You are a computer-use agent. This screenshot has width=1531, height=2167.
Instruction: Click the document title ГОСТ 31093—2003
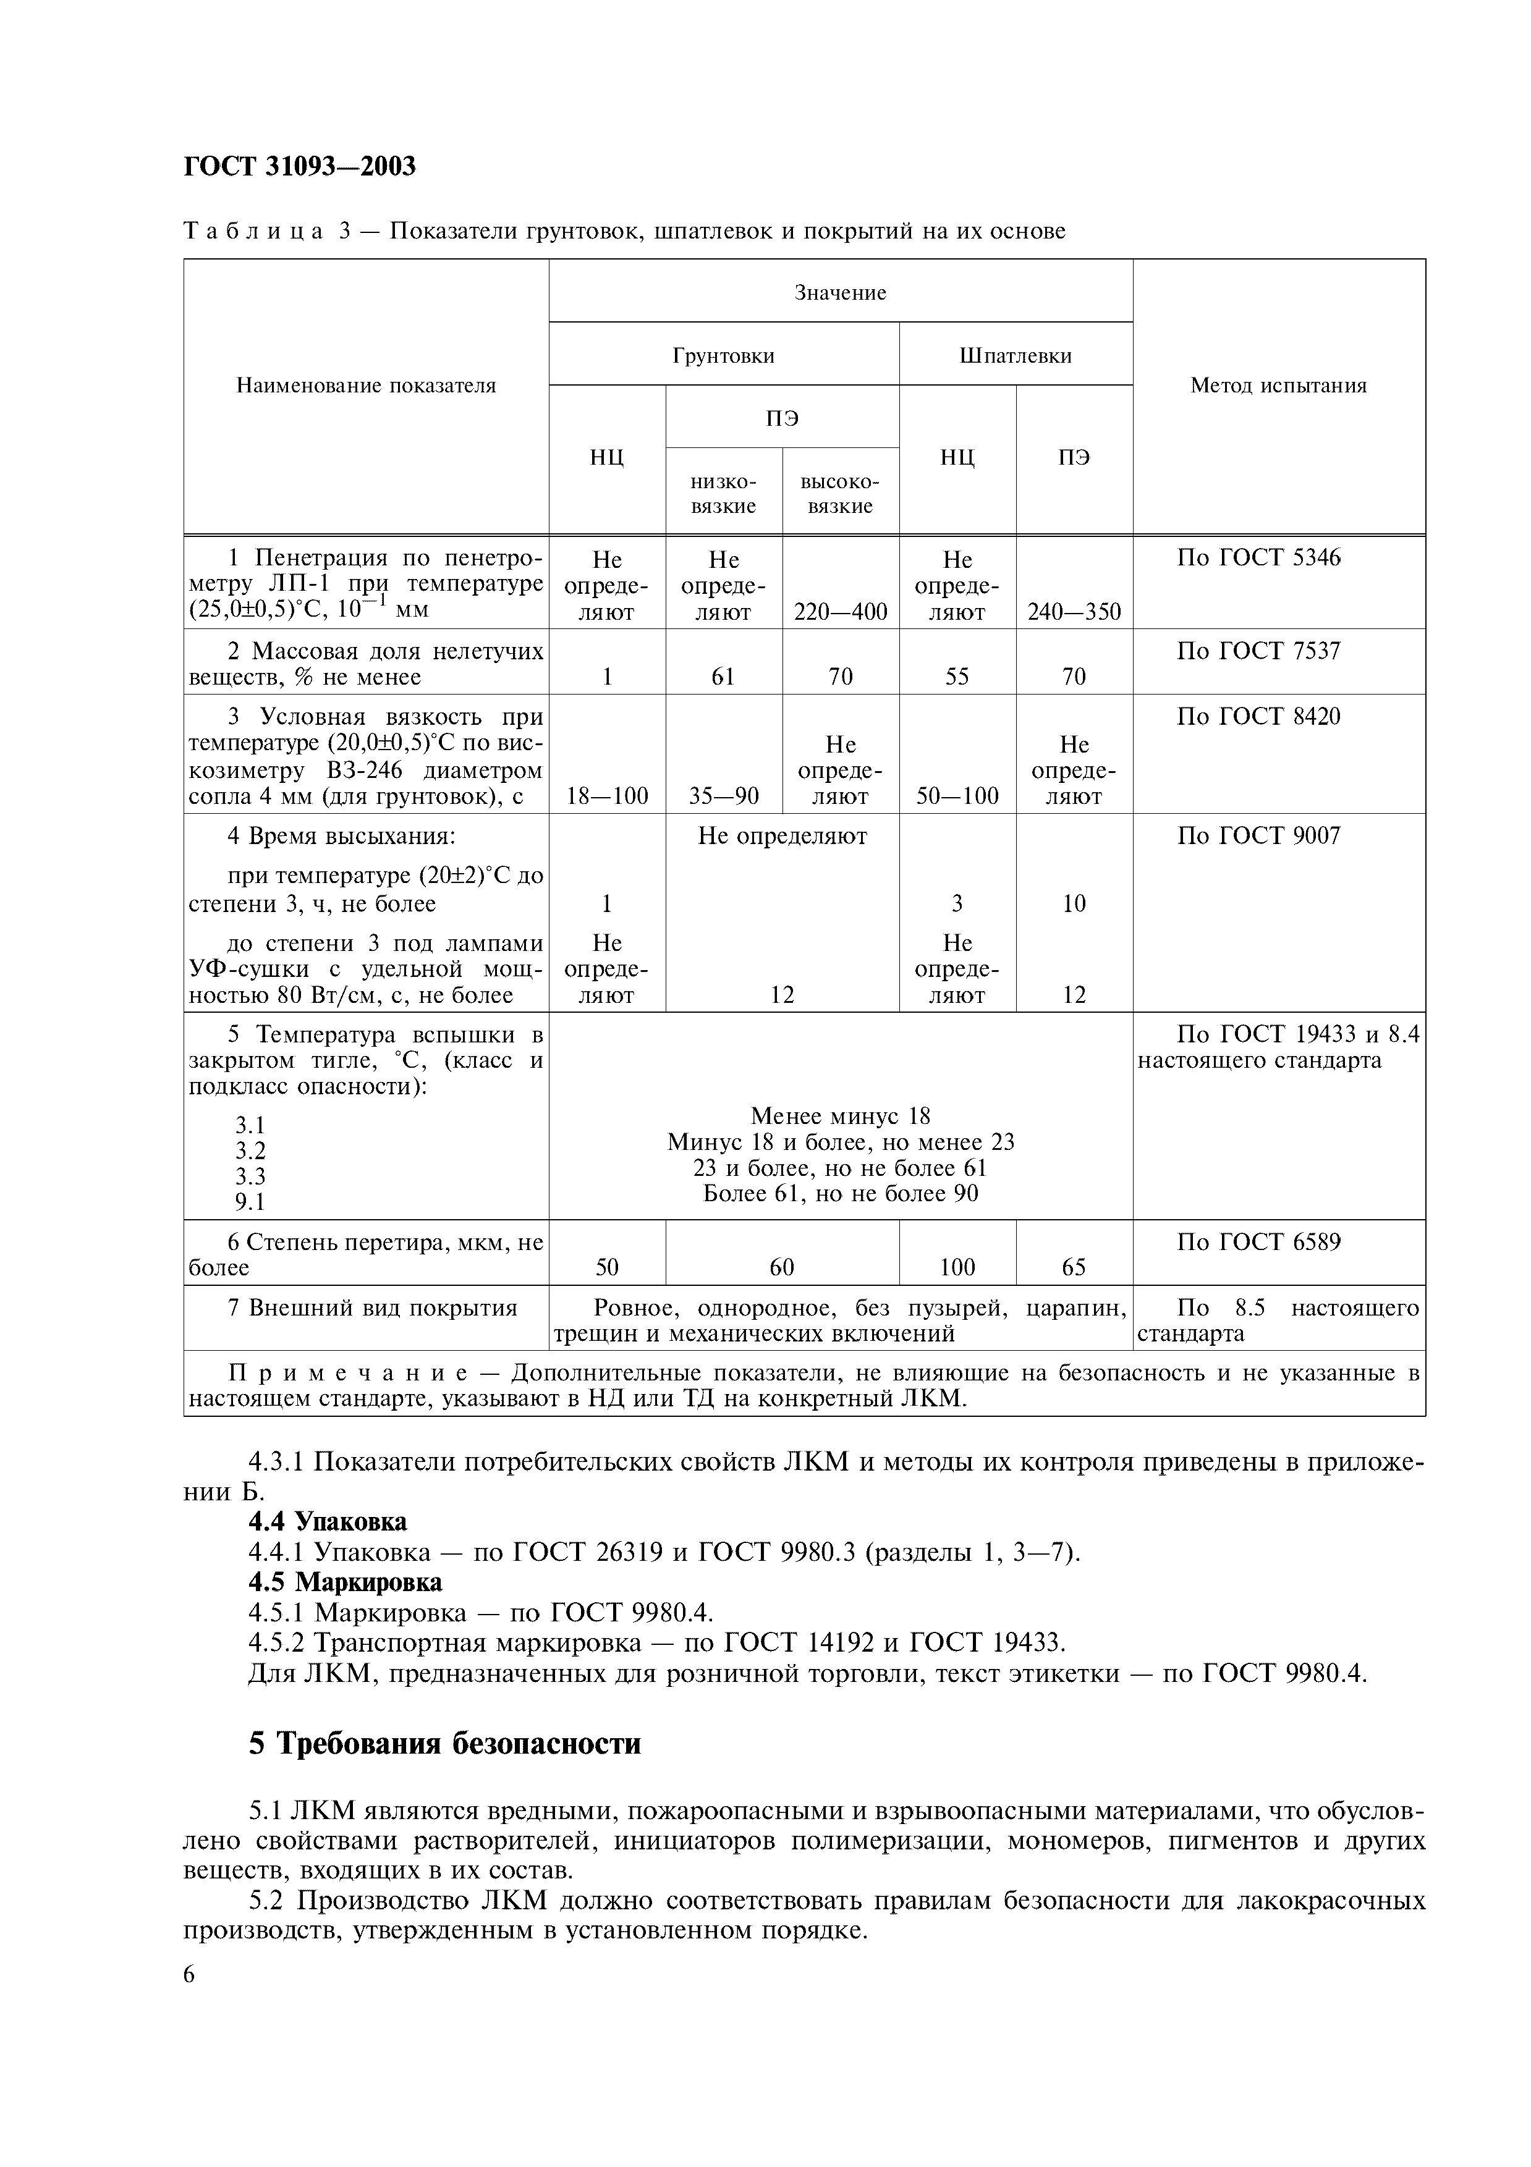pyautogui.click(x=299, y=166)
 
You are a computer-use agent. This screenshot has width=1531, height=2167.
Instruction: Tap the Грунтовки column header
pyautogui.click(x=723, y=356)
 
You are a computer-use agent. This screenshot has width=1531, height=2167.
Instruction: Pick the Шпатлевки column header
pyautogui.click(x=1016, y=356)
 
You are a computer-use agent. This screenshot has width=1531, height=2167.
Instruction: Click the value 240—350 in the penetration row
pyautogui.click(x=1074, y=612)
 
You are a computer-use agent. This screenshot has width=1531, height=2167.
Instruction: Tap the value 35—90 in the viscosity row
pyautogui.click(x=723, y=796)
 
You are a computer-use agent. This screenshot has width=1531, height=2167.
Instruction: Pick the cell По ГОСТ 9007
pyautogui.click(x=1258, y=835)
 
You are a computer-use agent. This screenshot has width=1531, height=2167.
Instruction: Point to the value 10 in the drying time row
pyautogui.click(x=1074, y=903)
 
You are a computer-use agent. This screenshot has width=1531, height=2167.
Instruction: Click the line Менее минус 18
pyautogui.click(x=840, y=1117)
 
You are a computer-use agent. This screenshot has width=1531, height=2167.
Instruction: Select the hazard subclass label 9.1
pyautogui.click(x=250, y=1201)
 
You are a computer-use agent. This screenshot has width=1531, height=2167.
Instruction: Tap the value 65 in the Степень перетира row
pyautogui.click(x=1074, y=1267)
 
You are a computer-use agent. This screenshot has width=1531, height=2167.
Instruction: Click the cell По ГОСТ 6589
pyautogui.click(x=1258, y=1241)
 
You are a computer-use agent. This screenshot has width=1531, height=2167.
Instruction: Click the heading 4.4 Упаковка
pyautogui.click(x=328, y=1521)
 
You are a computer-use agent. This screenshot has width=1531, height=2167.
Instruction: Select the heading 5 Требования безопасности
pyautogui.click(x=444, y=1742)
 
